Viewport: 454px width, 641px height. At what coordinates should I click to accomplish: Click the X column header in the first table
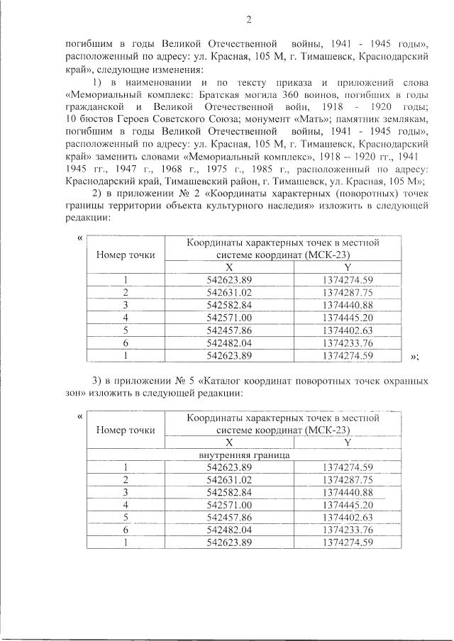coord(229,267)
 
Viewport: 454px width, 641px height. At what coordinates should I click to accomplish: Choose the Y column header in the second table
coord(348,442)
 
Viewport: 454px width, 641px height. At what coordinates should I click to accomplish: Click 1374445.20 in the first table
coord(348,318)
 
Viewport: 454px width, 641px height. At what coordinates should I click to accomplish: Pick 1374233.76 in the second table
coord(348,530)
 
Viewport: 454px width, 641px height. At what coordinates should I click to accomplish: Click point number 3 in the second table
coord(125,492)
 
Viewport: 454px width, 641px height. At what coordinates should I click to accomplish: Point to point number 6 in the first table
coord(125,343)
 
